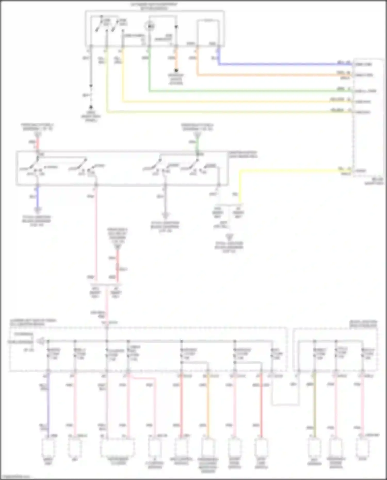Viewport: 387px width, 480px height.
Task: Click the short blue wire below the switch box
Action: [38, 197]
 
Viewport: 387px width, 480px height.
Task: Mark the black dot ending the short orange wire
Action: [176, 70]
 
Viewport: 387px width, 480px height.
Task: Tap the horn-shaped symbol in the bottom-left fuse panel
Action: [40, 341]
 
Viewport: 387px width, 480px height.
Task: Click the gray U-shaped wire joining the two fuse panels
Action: [285, 405]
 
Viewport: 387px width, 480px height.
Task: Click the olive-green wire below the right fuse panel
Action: [314, 405]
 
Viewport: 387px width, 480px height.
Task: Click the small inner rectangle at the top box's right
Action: [208, 32]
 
